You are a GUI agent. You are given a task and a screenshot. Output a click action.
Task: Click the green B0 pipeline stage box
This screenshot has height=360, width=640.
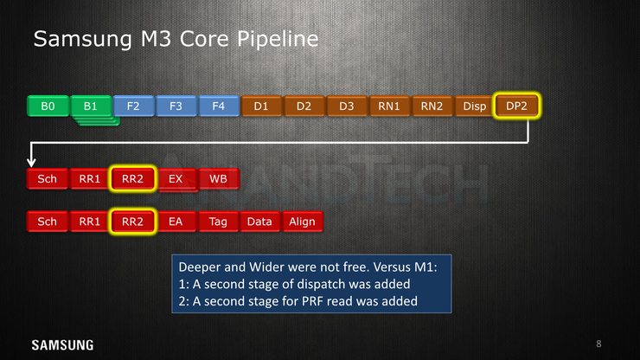point(48,106)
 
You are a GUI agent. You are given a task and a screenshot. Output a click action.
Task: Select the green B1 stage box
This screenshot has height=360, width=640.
point(91,106)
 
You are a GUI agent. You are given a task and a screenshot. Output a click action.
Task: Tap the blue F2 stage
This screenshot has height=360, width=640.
point(133,106)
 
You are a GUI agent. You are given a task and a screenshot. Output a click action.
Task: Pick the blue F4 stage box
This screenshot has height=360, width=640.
point(219,106)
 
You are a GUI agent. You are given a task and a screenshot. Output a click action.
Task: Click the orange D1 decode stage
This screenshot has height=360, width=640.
point(261,106)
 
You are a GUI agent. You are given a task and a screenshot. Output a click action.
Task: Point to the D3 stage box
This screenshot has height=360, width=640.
point(347,106)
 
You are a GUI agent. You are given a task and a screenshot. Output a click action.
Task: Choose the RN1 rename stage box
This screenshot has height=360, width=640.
point(389,106)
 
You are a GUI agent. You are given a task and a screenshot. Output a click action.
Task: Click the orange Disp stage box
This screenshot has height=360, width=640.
point(474,106)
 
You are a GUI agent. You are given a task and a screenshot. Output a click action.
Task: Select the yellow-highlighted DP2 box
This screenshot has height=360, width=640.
point(516,106)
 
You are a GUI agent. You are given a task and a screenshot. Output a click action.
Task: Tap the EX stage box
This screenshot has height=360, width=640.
point(176,179)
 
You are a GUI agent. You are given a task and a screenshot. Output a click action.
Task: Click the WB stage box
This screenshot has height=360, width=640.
point(218,179)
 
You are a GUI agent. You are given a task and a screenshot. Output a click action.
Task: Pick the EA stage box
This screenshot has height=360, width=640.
point(176,222)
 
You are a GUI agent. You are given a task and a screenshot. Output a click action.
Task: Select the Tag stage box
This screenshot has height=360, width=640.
point(218,222)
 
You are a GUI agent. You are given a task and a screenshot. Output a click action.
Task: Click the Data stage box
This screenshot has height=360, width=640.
point(260,222)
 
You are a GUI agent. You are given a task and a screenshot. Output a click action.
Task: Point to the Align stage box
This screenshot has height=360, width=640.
point(303,222)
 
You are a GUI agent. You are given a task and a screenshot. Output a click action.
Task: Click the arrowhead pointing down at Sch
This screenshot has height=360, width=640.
point(31,163)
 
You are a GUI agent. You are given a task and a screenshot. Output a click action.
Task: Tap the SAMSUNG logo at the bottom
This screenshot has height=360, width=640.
point(62,345)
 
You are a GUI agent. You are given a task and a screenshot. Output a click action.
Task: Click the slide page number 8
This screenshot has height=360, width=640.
point(598,344)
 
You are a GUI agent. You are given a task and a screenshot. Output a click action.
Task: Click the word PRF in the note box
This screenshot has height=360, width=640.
point(312,301)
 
